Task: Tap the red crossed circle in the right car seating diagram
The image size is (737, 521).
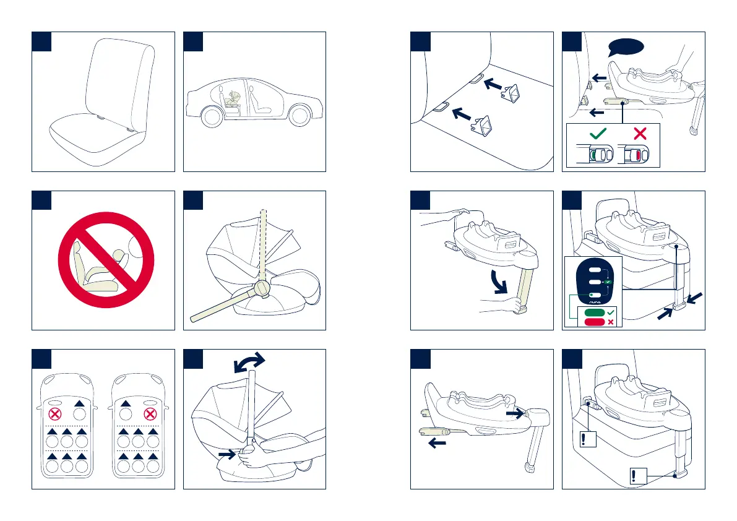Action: [148, 411]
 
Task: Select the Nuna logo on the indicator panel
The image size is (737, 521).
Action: [593, 302]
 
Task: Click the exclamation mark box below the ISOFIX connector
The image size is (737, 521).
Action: [587, 439]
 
